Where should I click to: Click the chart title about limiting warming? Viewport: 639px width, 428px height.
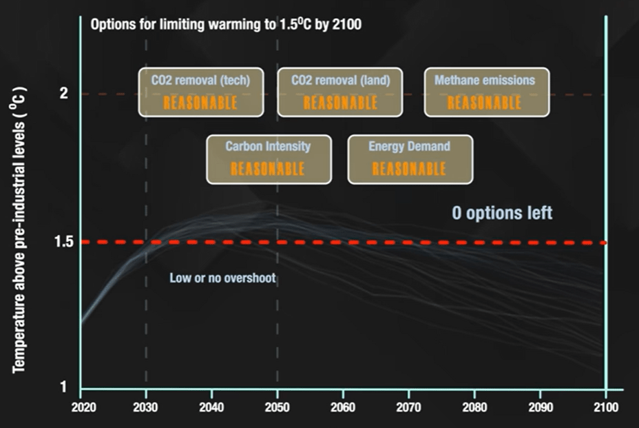[x=226, y=25]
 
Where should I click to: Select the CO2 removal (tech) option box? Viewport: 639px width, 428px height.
[x=200, y=92]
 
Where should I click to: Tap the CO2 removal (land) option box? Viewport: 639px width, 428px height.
[x=340, y=92]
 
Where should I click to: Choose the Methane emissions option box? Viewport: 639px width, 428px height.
[x=486, y=92]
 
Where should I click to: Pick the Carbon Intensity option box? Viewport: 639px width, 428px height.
[x=269, y=159]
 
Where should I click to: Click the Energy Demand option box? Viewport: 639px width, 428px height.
[x=410, y=159]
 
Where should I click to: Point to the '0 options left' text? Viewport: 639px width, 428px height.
[x=502, y=213]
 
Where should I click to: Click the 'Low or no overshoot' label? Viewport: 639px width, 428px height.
[x=222, y=278]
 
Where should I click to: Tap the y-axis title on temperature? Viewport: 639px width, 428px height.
[x=19, y=229]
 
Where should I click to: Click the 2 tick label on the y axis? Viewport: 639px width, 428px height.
[x=64, y=93]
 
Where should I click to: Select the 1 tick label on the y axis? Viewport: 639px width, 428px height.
[x=64, y=387]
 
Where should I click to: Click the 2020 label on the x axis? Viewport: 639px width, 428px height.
[x=81, y=407]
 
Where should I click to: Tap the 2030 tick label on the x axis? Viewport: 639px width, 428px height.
[x=146, y=407]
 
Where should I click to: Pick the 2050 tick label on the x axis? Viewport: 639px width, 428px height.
[x=277, y=407]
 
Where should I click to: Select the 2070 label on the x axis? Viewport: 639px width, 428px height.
[x=409, y=407]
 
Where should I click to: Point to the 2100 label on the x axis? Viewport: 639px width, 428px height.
[x=605, y=407]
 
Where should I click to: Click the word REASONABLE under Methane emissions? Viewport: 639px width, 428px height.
[x=484, y=103]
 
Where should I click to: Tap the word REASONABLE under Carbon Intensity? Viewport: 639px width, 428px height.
[x=267, y=170]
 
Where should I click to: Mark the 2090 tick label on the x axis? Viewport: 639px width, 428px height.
[x=540, y=407]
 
